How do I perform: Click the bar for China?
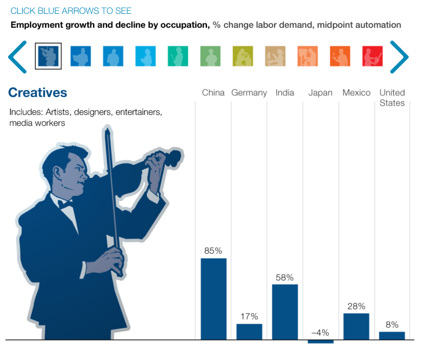[x=213, y=299]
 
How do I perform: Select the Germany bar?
[x=249, y=332]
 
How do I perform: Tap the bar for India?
[x=285, y=311]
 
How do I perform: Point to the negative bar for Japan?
[x=321, y=342]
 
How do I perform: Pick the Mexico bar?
[x=356, y=326]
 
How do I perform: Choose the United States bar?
[x=392, y=336]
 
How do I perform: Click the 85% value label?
[x=213, y=251]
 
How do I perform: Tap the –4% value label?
[x=320, y=332]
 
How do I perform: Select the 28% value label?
[x=356, y=306]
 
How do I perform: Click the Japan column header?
[x=320, y=92]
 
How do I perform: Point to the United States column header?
[x=392, y=98]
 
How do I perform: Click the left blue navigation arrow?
[x=17, y=57]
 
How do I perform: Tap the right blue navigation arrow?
[x=399, y=57]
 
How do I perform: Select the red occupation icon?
[x=372, y=57]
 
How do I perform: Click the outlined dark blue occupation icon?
[x=49, y=57]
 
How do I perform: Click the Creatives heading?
[x=38, y=92]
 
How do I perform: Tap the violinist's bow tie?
[x=65, y=203]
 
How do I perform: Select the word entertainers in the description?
[x=136, y=112]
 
